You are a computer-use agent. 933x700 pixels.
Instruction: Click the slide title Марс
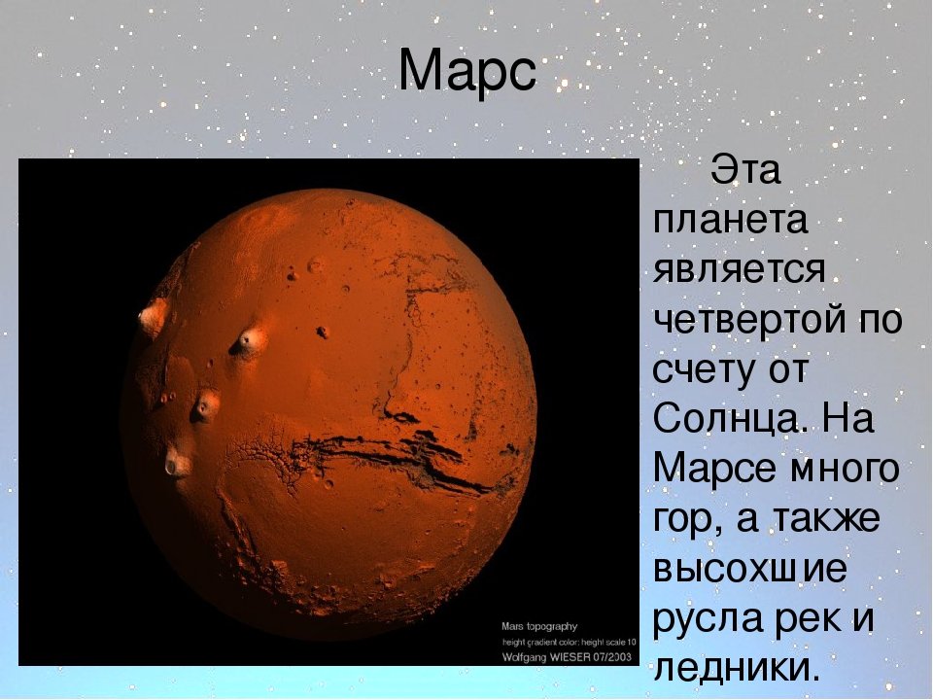tap(467, 71)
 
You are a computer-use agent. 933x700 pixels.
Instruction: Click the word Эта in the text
tap(743, 169)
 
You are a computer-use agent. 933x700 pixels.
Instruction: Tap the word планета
tap(731, 221)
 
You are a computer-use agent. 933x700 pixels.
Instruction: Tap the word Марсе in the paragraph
tap(714, 468)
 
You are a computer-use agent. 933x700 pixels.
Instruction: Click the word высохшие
tap(749, 569)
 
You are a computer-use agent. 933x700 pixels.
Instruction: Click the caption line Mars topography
tap(539, 627)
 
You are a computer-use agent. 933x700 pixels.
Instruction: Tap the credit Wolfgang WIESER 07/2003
tap(567, 657)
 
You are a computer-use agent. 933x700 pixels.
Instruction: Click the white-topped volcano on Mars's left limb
tap(153, 317)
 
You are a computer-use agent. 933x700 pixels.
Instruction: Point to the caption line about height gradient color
tap(569, 643)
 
